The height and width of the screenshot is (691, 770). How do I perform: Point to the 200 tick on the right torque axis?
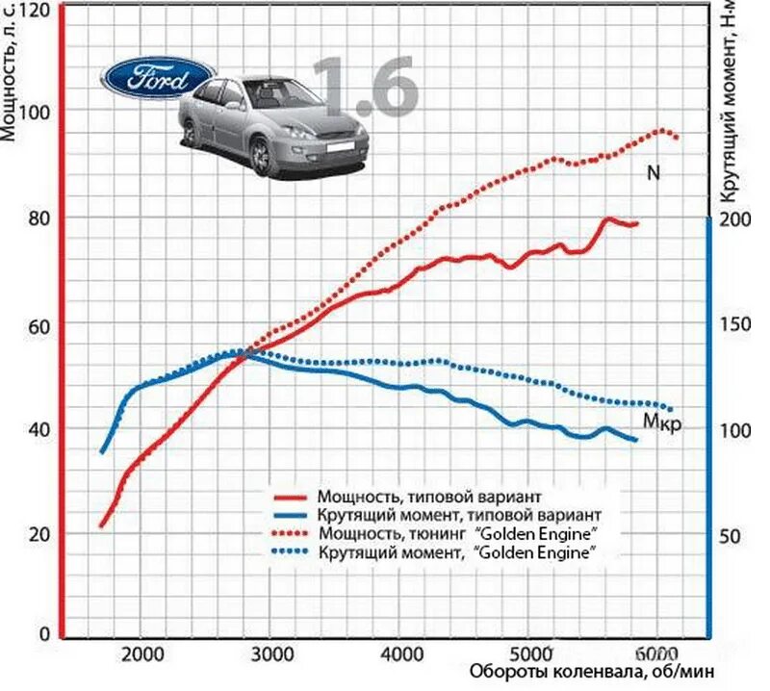(734, 218)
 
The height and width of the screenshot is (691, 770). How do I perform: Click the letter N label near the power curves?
(653, 173)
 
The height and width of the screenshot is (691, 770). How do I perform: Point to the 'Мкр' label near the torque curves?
(663, 421)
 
